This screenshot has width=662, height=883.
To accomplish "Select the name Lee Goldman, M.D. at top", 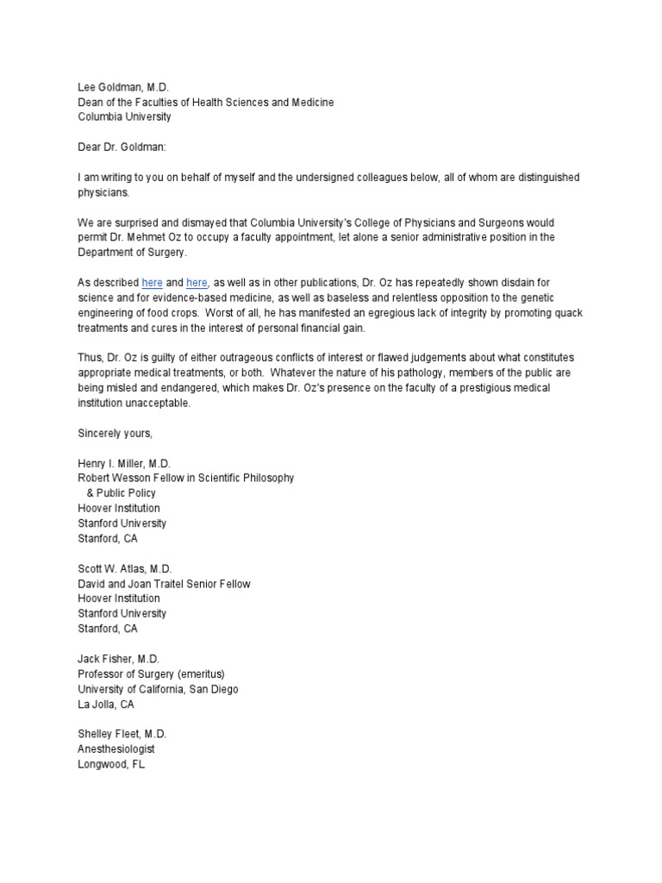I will tap(125, 87).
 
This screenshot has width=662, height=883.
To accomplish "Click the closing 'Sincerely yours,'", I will tap(115, 433).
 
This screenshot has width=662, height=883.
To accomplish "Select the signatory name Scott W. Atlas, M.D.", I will tap(125, 568).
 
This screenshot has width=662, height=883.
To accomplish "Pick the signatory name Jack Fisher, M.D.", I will tap(122, 659).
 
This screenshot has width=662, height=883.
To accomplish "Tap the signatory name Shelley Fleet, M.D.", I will tap(122, 734).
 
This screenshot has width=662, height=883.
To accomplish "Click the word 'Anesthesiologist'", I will tap(116, 749).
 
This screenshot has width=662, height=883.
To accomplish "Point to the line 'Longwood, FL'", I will tap(111, 765).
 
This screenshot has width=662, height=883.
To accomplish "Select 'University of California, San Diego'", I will tap(158, 689).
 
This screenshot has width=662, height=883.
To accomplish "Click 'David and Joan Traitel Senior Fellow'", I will tap(164, 584).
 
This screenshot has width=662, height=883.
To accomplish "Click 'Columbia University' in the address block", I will tap(124, 117).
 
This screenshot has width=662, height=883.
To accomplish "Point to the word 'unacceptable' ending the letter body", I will tap(161, 403).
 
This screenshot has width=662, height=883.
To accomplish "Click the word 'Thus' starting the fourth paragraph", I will tap(89, 357).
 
